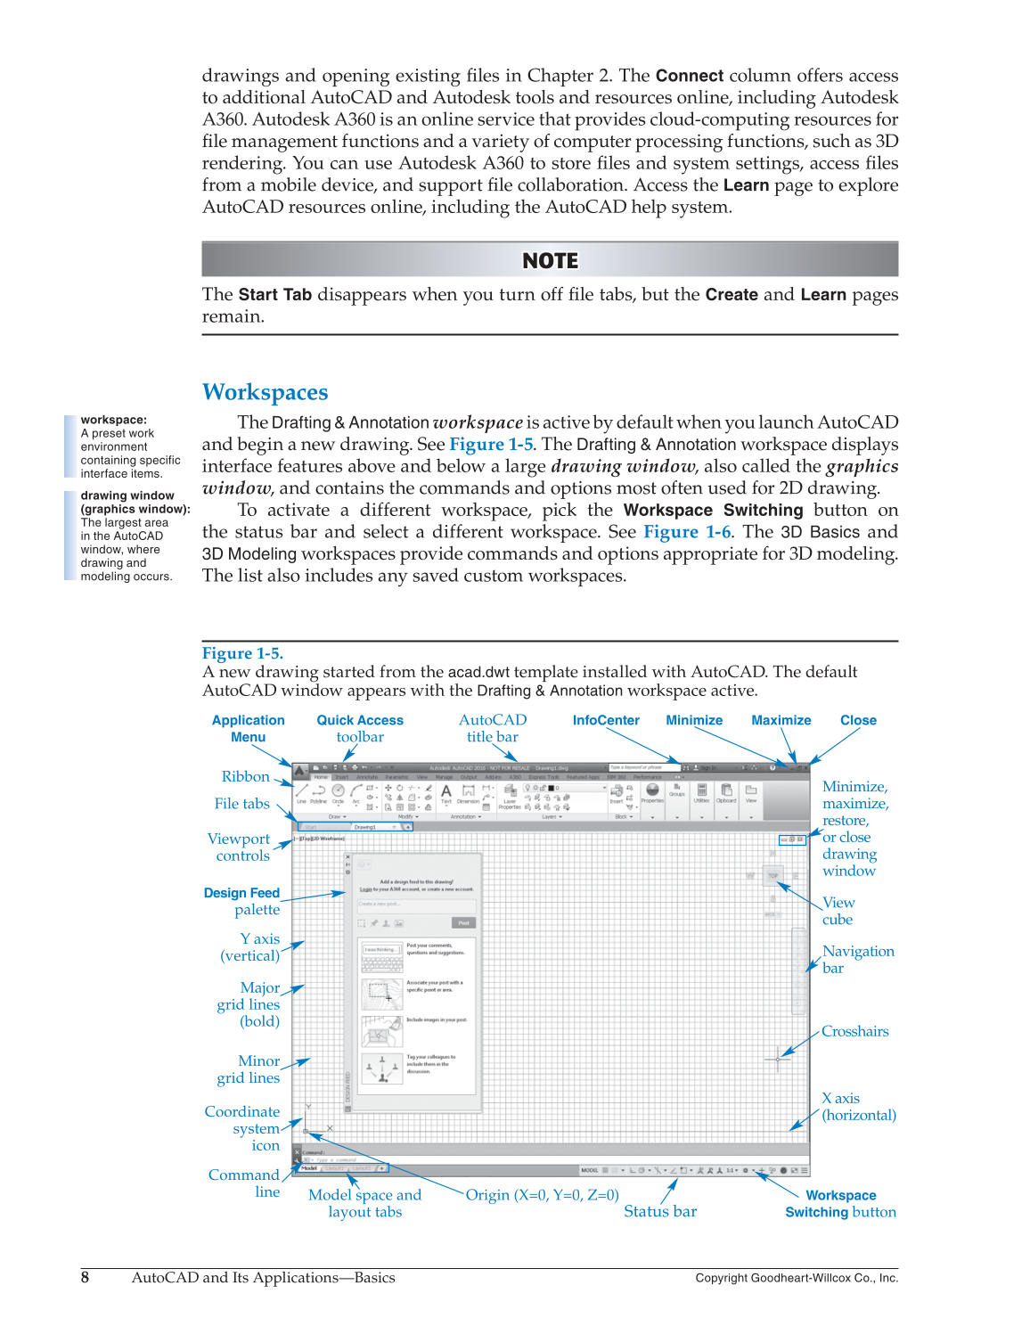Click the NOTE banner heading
point(550,261)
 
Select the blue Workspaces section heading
point(265,392)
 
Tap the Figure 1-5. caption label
point(242,653)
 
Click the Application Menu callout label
point(248,728)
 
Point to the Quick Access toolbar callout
point(360,728)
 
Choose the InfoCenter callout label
point(606,720)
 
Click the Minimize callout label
point(694,720)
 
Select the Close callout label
point(858,720)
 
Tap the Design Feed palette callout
point(242,901)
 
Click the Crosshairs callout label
point(854,1031)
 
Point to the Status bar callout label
point(660,1211)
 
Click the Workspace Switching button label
point(840,1204)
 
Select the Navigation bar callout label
point(857,959)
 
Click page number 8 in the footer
point(86,1277)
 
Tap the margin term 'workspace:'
point(114,420)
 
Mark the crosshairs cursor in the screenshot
point(777,1059)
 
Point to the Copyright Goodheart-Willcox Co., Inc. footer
point(797,1278)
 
